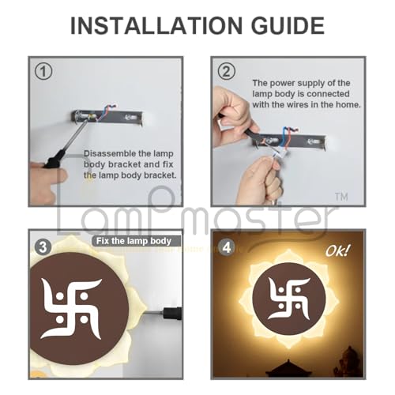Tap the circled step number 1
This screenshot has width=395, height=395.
click(x=43, y=72)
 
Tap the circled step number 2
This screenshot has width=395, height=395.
click(x=228, y=72)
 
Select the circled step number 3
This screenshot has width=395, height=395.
click(x=43, y=246)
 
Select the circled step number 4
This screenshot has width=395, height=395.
click(x=228, y=246)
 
